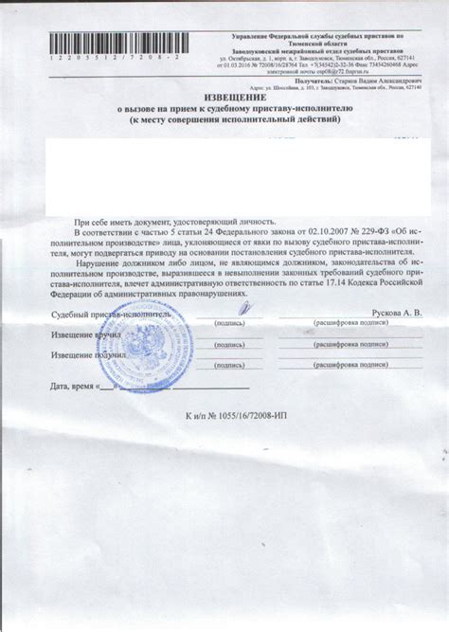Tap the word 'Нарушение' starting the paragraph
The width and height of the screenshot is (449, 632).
99,260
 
